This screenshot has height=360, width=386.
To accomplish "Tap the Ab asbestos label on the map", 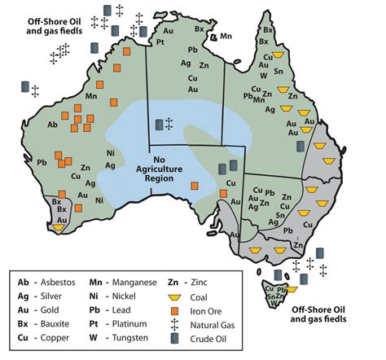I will click(53, 125).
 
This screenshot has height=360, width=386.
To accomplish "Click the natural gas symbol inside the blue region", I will click(169, 124).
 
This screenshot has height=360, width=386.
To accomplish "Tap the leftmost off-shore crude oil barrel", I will click(26, 86).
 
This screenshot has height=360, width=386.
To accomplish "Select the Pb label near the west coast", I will click(42, 162).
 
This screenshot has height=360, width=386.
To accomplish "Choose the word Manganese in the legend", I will click(133, 281).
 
